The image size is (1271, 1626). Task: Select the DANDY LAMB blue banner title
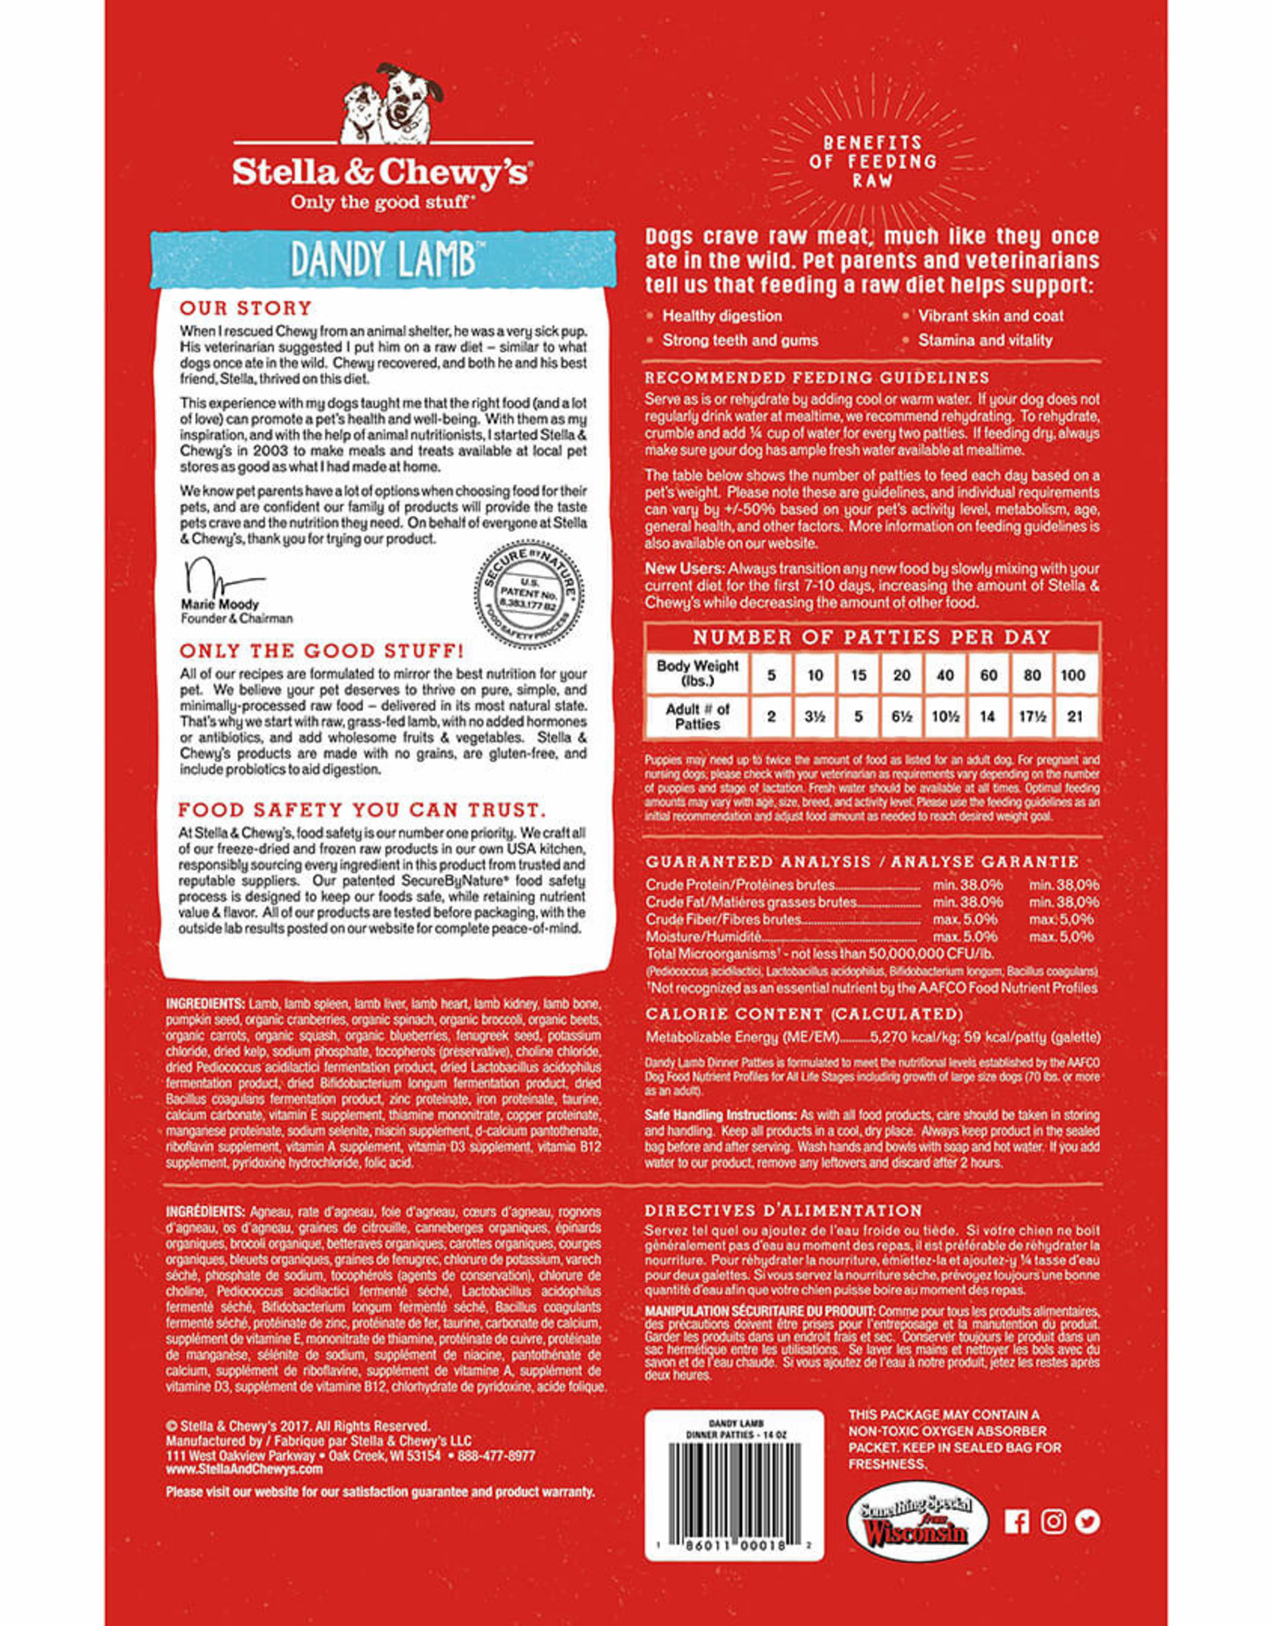click(383, 260)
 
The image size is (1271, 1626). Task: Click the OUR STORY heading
click(245, 308)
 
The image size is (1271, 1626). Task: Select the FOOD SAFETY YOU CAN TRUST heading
click(362, 810)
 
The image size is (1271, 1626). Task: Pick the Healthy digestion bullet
click(722, 316)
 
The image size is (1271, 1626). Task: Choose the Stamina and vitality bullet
click(985, 341)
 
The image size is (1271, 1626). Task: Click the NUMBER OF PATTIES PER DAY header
click(871, 637)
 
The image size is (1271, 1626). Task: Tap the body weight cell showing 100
click(1072, 675)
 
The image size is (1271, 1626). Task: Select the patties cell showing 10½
click(945, 716)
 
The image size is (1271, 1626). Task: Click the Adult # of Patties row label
click(697, 716)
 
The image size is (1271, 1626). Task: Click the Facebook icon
click(1017, 1521)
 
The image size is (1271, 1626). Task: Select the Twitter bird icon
click(1088, 1521)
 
